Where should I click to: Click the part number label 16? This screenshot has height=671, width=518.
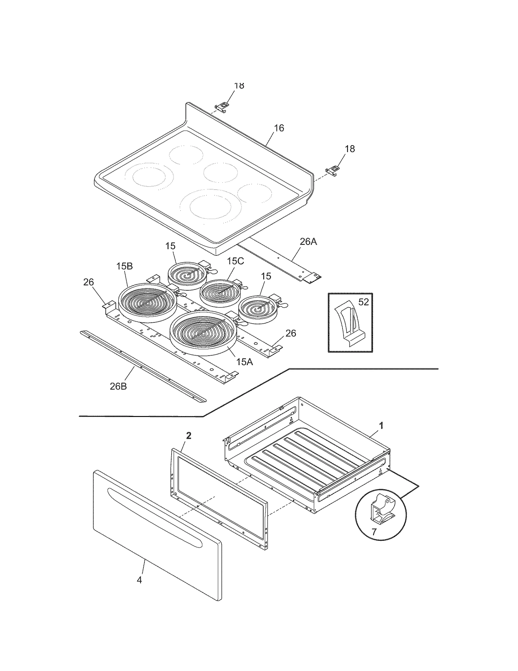point(279,128)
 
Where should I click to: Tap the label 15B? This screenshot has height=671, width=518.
point(125,266)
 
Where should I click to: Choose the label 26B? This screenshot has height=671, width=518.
point(118,386)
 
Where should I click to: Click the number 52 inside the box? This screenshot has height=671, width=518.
point(364,302)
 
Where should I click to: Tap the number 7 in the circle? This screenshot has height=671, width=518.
point(374,532)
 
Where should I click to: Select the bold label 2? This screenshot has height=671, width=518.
point(189,436)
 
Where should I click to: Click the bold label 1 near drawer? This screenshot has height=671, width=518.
point(381,425)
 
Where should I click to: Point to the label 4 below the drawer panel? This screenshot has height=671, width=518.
point(139,580)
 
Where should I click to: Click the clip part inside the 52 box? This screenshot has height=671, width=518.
point(349,324)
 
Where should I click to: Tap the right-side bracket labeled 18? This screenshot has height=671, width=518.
point(332,170)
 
